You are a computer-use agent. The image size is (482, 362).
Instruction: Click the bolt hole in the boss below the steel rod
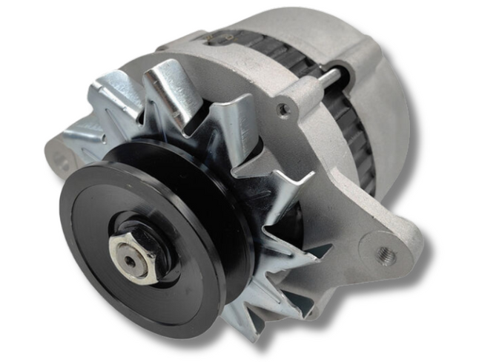(283, 109)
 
